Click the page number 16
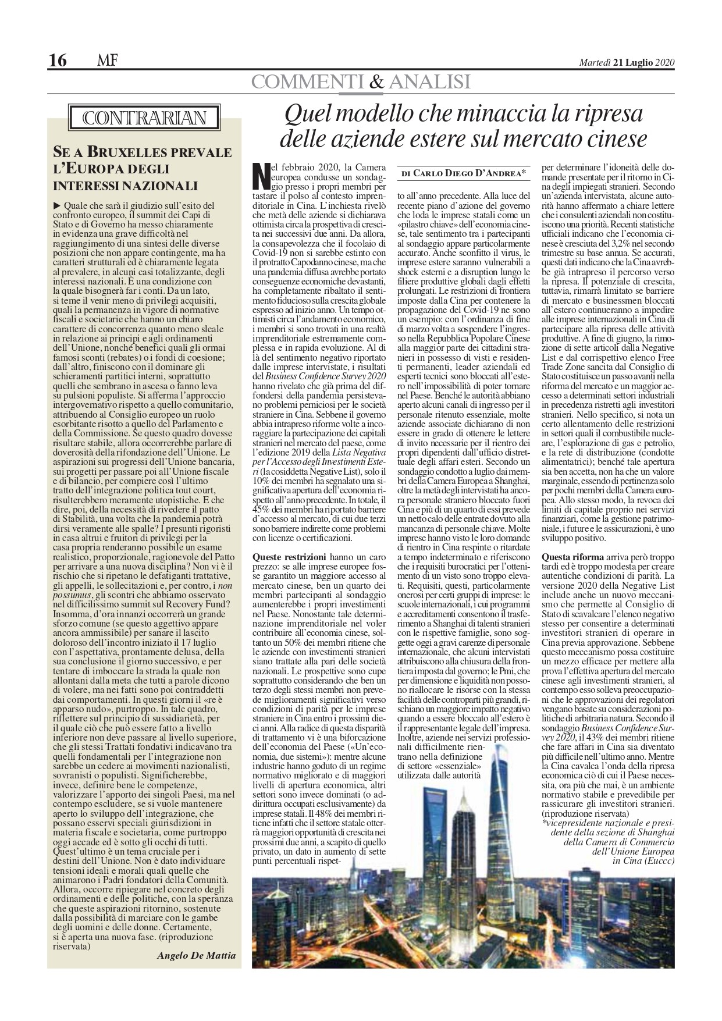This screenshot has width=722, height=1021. click(x=58, y=59)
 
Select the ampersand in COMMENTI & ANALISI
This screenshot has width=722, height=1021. click(x=377, y=83)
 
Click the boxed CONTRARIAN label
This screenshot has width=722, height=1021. click(x=145, y=119)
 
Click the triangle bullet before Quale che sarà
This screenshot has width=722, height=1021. click(x=56, y=205)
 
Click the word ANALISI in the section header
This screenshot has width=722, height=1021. click(x=431, y=83)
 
